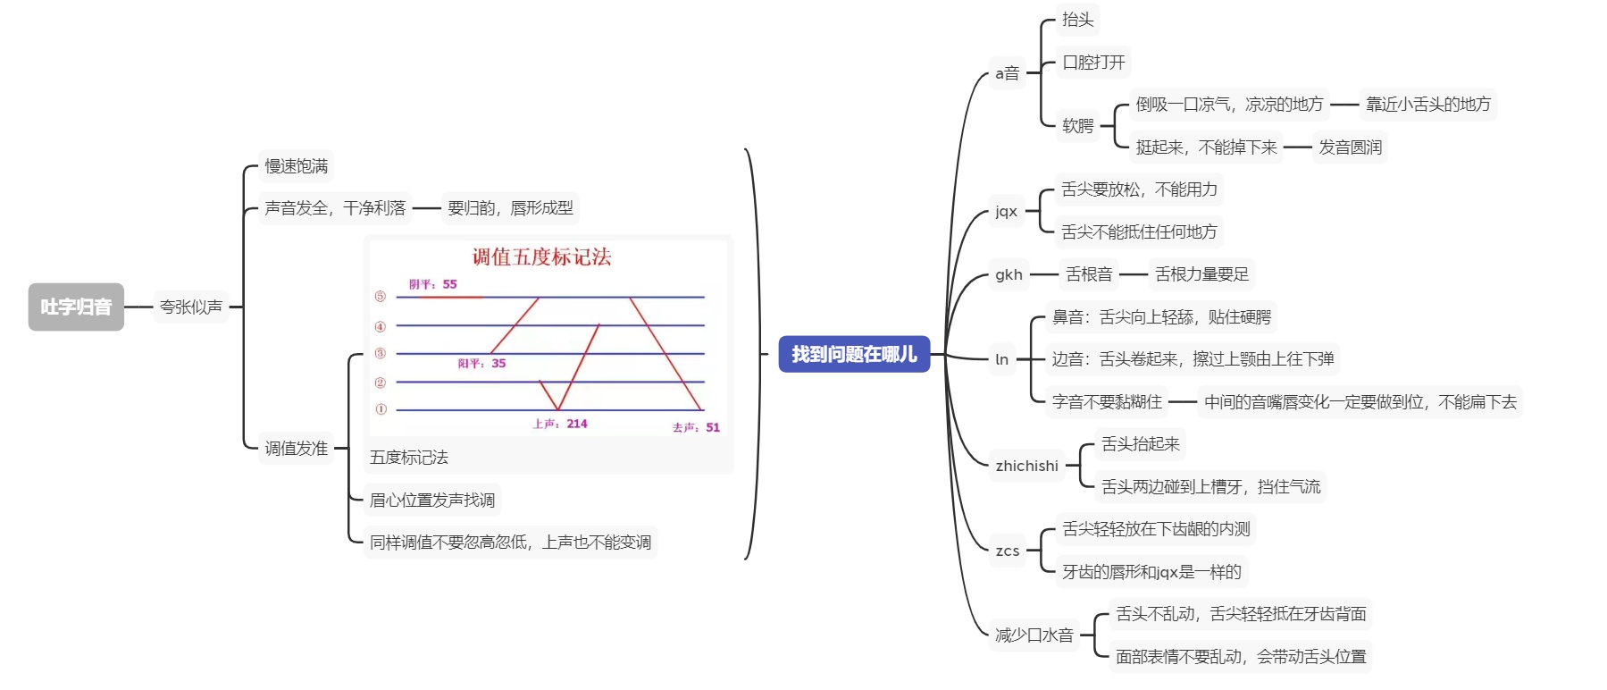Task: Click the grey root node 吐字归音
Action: click(76, 307)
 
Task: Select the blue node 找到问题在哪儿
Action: click(854, 354)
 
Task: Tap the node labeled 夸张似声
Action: click(191, 307)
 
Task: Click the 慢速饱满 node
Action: click(296, 166)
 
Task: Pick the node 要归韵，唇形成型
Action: click(510, 208)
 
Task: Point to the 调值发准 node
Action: click(296, 449)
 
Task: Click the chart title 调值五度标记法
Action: click(541, 257)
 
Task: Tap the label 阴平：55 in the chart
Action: click(433, 284)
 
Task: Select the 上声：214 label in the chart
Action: click(560, 424)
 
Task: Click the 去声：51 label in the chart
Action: click(696, 427)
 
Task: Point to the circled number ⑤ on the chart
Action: click(381, 297)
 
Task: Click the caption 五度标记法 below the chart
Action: click(409, 458)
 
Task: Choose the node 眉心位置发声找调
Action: click(432, 500)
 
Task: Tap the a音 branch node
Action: click(1008, 73)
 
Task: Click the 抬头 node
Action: click(1077, 20)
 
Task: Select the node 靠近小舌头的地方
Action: click(1427, 105)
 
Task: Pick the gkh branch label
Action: click(1009, 274)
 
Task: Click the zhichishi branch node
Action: click(1026, 466)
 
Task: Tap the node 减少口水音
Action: click(1034, 635)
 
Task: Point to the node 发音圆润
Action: click(1350, 147)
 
